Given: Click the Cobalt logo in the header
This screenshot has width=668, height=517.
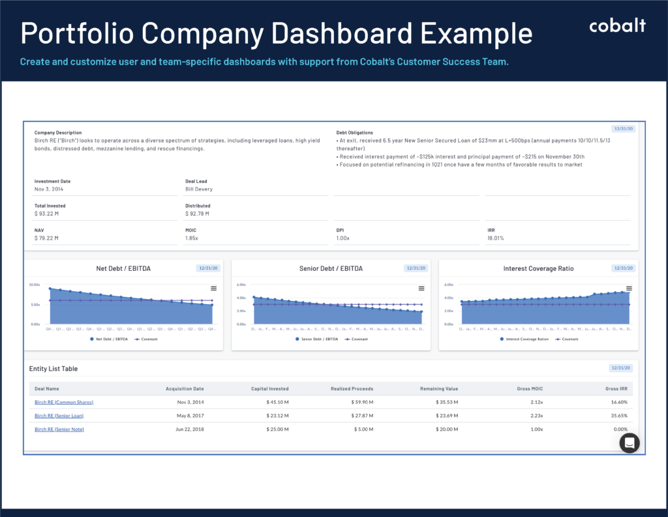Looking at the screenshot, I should [617, 26].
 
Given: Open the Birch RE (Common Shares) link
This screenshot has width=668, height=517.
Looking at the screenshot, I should [63, 401].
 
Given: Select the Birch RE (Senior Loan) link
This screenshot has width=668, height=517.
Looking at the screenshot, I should [59, 415].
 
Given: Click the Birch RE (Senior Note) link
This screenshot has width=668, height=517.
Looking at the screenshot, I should [59, 429].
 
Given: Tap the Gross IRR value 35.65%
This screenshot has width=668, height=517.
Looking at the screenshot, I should [618, 415].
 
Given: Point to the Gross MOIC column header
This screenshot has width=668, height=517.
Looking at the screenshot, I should [528, 388].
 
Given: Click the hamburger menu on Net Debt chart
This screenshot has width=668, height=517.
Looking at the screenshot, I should [213, 289].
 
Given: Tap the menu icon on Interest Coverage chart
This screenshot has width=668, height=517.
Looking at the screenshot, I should [629, 289].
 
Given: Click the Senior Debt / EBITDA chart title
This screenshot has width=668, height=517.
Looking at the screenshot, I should [331, 268].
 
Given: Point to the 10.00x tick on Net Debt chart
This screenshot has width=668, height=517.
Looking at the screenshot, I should [35, 285].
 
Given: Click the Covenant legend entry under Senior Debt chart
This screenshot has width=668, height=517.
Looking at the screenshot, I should [355, 339].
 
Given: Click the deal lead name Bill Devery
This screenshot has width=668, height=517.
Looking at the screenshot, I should [198, 189].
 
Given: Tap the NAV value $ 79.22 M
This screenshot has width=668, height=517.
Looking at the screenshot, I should [46, 238].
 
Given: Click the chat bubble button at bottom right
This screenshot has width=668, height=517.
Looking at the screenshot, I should [630, 443].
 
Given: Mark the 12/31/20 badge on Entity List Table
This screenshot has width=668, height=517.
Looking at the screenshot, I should [622, 369].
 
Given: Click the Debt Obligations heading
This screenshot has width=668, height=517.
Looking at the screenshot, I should [354, 133].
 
